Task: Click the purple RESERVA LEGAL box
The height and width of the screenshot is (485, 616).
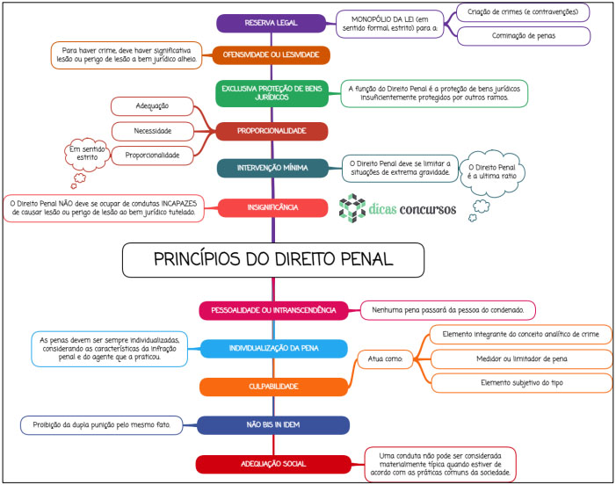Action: (x=271, y=23)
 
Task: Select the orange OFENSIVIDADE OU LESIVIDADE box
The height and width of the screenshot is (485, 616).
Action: (x=271, y=55)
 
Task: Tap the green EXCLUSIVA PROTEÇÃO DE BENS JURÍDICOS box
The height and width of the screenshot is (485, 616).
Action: (x=272, y=93)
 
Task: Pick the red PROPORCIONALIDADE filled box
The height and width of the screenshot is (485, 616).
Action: (x=272, y=131)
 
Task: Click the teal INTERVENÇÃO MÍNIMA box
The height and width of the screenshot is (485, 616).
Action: (x=272, y=168)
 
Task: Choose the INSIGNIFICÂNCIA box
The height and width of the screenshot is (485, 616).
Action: (x=272, y=207)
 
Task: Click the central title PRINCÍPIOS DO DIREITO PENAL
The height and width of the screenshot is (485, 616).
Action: (x=273, y=260)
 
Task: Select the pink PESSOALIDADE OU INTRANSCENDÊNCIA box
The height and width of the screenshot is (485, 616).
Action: (x=273, y=311)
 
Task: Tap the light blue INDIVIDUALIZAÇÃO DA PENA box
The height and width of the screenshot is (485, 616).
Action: (x=274, y=348)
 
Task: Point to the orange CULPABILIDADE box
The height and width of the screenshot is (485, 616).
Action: (x=273, y=387)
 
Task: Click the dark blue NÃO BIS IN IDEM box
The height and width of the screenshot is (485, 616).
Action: (x=273, y=425)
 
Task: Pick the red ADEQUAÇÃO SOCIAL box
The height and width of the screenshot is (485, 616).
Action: (x=273, y=464)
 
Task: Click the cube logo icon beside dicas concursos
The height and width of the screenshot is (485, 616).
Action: (x=352, y=208)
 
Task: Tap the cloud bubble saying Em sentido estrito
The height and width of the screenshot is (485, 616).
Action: (x=87, y=154)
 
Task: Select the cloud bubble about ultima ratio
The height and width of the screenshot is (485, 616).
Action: (x=492, y=172)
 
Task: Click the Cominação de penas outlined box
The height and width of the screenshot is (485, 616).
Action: (x=524, y=36)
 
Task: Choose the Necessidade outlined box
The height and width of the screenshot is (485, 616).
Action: (x=152, y=131)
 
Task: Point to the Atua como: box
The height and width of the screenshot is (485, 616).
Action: (x=385, y=359)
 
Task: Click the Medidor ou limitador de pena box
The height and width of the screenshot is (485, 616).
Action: (x=522, y=359)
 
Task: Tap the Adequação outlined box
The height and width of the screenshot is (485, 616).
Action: (x=152, y=106)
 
